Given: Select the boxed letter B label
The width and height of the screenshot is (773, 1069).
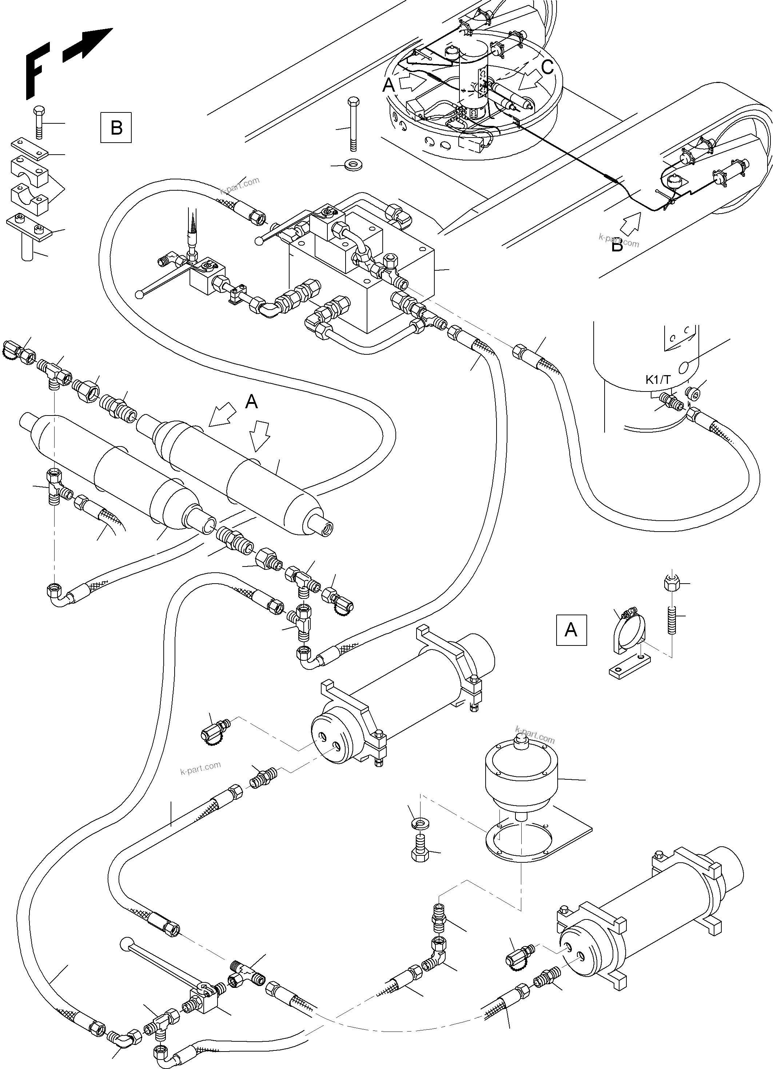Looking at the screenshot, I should (116, 128).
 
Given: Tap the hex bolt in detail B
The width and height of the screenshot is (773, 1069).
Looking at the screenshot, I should (40, 122).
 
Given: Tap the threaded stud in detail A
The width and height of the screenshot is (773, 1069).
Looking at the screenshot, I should (670, 616).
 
